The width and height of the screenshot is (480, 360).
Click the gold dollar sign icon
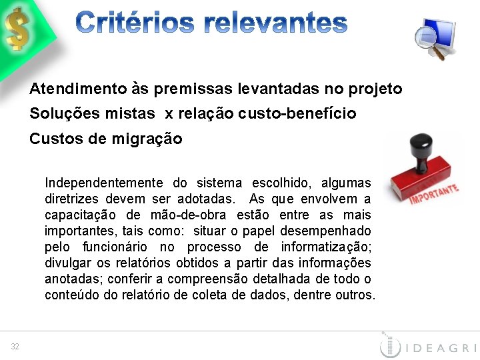coord(18,28)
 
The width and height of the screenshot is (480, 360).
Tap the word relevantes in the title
coord(275,24)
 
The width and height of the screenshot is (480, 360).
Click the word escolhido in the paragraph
coord(281,183)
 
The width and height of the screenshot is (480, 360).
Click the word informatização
coord(327,247)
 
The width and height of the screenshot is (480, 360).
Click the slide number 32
coord(15,346)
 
